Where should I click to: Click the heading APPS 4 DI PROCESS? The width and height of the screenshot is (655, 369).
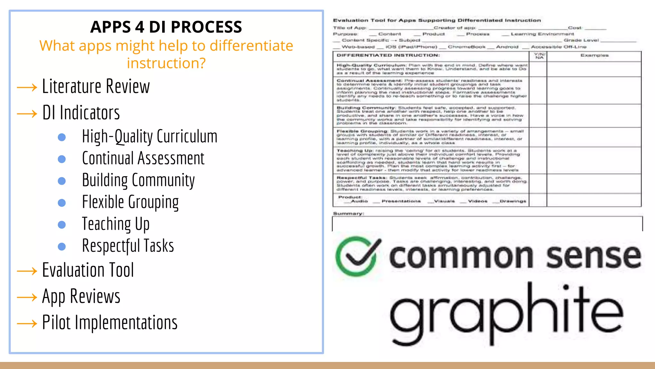(166, 27)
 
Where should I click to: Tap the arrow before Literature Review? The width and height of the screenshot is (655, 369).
(27, 87)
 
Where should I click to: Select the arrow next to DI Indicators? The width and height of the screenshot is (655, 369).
(27, 114)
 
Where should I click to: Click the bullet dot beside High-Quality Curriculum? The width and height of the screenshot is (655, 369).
(62, 137)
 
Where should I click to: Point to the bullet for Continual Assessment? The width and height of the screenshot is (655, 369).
(62, 159)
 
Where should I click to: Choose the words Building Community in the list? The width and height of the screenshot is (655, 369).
(138, 180)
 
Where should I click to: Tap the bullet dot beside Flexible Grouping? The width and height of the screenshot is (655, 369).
(62, 203)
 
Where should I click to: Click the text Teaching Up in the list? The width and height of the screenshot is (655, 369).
(115, 224)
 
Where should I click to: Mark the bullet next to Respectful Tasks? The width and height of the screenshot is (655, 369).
(62, 246)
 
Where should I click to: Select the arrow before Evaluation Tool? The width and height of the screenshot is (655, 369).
(27, 271)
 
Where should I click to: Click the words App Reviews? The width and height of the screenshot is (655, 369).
(81, 297)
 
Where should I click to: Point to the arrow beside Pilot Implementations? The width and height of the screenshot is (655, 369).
(27, 324)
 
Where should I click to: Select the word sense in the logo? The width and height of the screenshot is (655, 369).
(594, 256)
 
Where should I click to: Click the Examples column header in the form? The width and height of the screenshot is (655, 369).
(594, 55)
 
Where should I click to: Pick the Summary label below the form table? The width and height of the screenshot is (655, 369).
(348, 213)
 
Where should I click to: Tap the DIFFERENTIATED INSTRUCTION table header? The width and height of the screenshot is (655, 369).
(388, 55)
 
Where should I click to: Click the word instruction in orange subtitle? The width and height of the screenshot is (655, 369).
(166, 63)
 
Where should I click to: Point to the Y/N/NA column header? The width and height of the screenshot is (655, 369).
(539, 56)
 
